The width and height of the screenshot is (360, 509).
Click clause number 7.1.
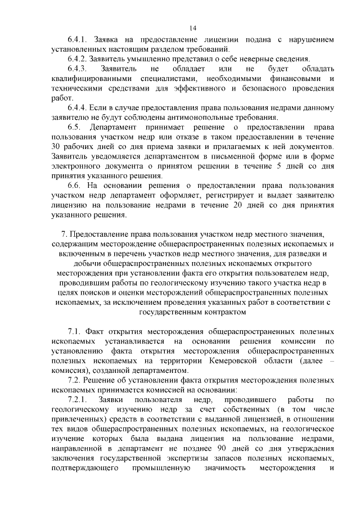point(75,331)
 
